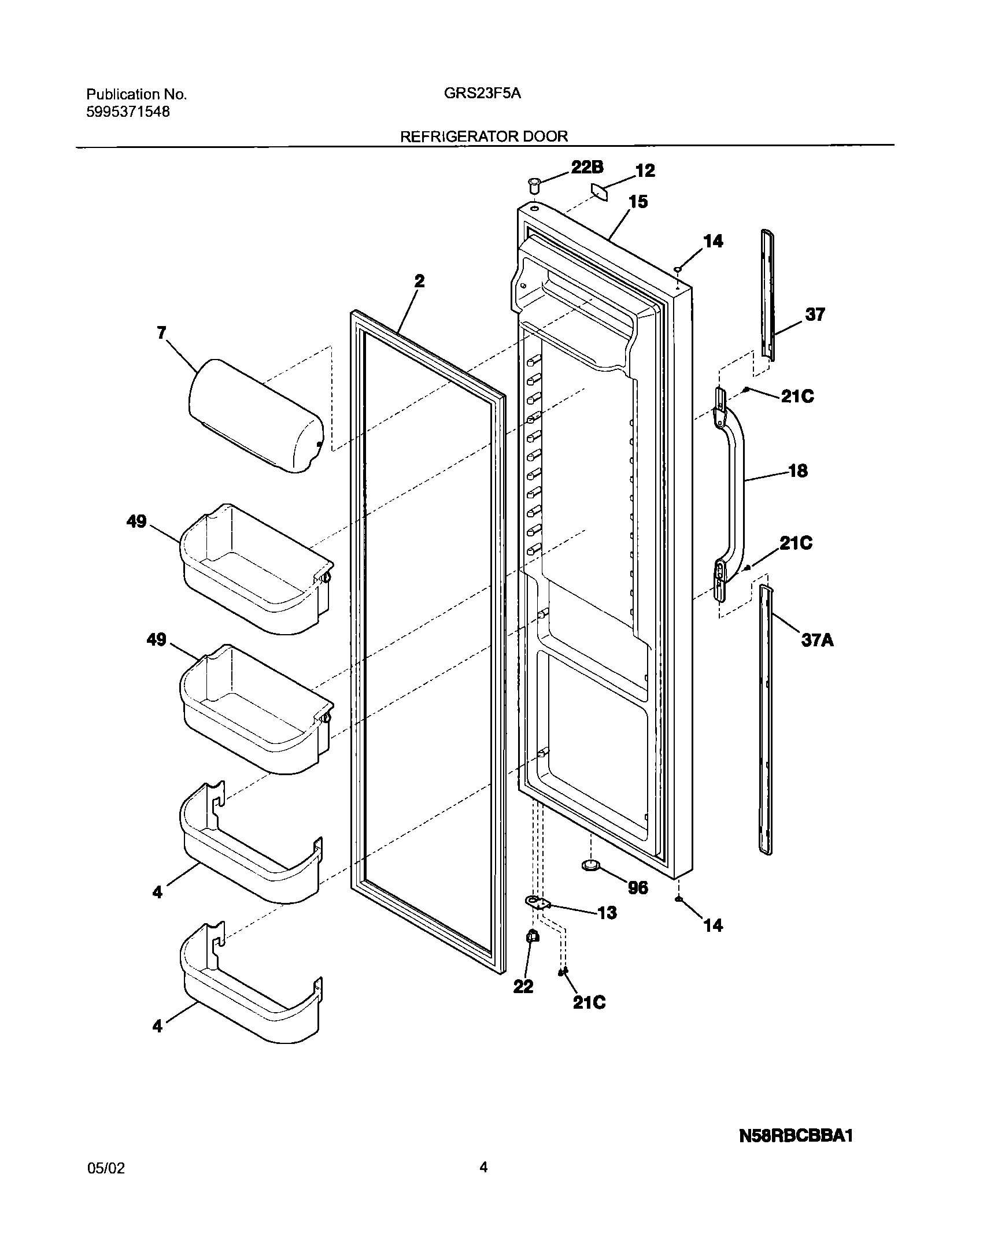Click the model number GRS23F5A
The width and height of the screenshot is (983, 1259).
coord(482,94)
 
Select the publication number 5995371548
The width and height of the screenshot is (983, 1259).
coord(128,112)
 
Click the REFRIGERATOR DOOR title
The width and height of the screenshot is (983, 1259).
coord(484,136)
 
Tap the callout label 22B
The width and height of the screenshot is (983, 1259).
coord(587,168)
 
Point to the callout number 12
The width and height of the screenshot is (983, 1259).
coord(645,171)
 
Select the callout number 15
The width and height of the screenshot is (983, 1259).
coord(638,202)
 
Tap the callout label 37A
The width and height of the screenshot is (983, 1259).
coord(817,640)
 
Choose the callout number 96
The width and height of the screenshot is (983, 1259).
coord(638,887)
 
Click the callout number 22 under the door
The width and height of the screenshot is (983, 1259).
coord(523,987)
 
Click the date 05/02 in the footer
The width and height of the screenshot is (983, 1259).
coord(105,1169)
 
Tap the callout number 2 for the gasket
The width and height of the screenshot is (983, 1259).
coord(419,281)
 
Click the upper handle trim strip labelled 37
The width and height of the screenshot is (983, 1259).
coord(768,295)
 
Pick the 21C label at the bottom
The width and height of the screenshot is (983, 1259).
coord(589,1002)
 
